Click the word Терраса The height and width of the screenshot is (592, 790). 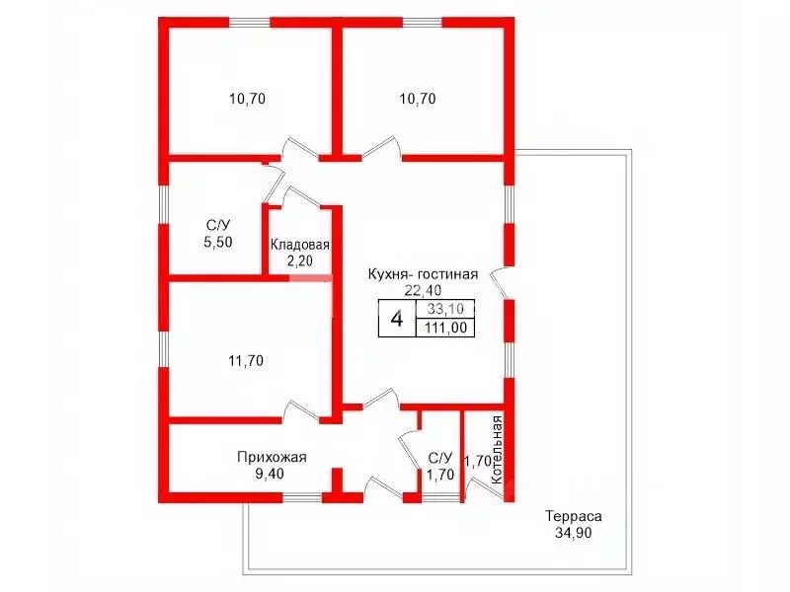coord(574,516)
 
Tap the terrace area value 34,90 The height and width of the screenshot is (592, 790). coord(574,533)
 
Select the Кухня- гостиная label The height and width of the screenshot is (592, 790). coord(423,274)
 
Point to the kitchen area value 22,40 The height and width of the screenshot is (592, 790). coord(423,290)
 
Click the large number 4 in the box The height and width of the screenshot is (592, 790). coord(397,319)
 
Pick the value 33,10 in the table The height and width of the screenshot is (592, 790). coord(445,308)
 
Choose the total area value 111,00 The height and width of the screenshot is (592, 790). coord(445,328)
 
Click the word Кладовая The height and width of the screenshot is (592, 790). coord(300,245)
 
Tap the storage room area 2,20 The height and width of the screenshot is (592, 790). coord(299,260)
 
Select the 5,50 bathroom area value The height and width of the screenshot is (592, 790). coord(218,242)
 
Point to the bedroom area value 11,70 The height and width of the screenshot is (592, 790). coord(246,361)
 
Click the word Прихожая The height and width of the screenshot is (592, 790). coord(272,457)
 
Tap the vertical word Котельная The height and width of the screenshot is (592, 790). coord(497,450)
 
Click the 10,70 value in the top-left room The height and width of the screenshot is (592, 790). coord(248,99)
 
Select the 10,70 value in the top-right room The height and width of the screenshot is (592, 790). coord(418,99)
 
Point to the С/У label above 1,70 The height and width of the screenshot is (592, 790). coord(440,458)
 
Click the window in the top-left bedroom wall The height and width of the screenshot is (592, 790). coord(250,22)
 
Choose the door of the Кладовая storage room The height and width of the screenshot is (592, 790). coord(302,196)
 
